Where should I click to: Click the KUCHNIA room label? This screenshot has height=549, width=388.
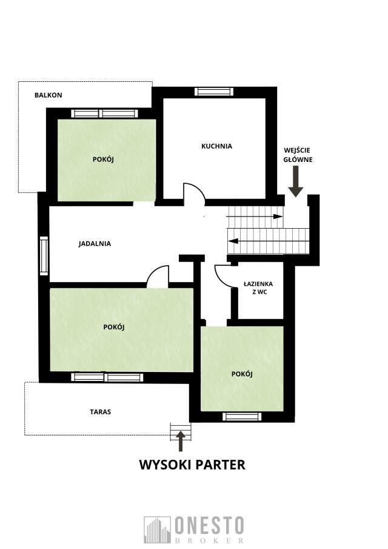click(216, 146)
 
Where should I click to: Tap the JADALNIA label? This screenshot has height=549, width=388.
click(95, 243)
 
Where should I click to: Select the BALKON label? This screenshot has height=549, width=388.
click(48, 95)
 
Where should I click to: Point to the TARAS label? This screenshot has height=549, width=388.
click(101, 412)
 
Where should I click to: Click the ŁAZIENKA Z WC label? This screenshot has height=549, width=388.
click(258, 288)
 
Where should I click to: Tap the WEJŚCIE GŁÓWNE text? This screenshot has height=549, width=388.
click(298, 155)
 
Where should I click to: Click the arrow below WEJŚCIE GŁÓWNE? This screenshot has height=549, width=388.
click(296, 181)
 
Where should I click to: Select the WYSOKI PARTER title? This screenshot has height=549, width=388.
click(192, 465)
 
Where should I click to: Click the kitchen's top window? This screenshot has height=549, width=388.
click(214, 92)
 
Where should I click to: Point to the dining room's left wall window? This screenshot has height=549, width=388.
click(44, 255)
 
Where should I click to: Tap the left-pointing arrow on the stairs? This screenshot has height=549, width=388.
click(269, 241)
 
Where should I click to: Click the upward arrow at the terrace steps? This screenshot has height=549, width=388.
click(181, 441)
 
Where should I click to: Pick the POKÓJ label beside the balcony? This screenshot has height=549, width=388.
click(103, 160)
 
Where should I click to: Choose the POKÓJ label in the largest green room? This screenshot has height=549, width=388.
click(114, 327)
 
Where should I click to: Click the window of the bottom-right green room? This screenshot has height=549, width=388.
click(242, 416)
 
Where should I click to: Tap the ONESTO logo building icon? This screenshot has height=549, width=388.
click(157, 530)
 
